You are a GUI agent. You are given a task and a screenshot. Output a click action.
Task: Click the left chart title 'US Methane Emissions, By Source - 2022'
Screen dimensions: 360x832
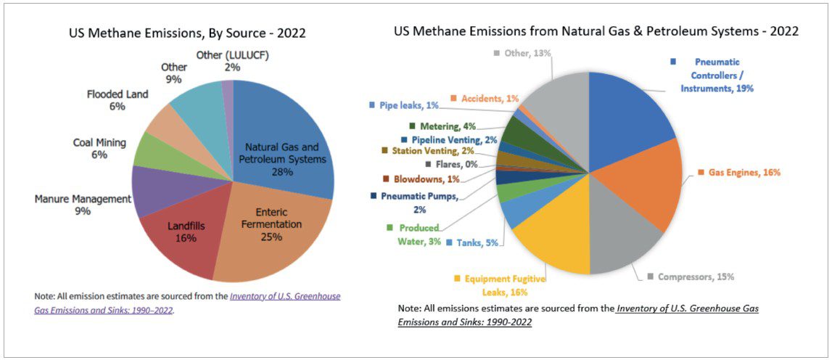pos(187,33)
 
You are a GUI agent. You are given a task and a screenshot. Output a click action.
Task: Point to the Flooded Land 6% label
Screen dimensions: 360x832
pos(118,100)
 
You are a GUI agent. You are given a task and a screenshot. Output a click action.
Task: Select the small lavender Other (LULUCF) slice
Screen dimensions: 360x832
pos(228,89)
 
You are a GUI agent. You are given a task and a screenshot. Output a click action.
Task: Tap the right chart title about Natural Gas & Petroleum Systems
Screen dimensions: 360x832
pos(596,31)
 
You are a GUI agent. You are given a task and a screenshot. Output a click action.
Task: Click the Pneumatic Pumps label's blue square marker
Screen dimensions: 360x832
pos(374,196)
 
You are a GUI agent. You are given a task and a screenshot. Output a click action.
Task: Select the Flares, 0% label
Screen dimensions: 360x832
pos(450,165)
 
